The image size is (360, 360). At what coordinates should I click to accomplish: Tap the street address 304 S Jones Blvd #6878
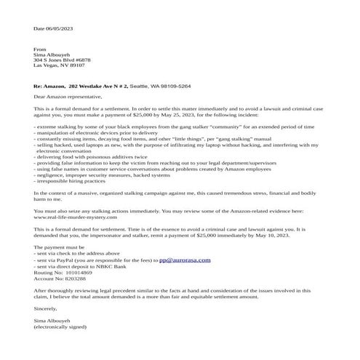point(61,59)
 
